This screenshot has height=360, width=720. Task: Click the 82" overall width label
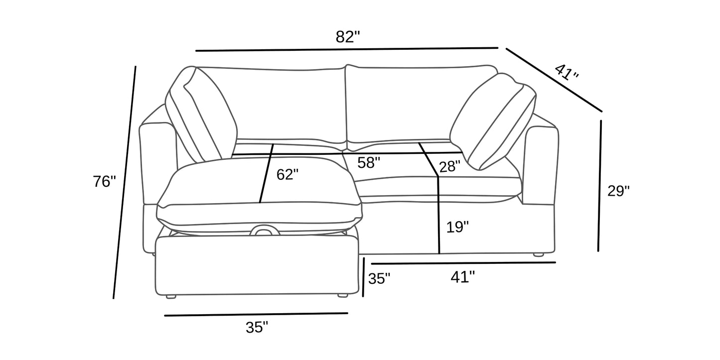click(348, 37)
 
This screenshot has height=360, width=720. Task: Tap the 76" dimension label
click(104, 182)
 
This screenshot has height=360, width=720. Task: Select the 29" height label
click(618, 191)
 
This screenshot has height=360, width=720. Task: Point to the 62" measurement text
click(288, 174)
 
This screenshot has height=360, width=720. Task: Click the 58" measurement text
click(369, 163)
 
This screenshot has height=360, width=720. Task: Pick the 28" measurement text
click(450, 166)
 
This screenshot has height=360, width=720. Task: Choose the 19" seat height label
click(457, 228)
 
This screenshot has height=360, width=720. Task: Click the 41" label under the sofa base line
click(462, 277)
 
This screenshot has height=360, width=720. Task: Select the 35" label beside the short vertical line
click(379, 279)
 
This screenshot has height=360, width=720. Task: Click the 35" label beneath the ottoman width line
click(257, 327)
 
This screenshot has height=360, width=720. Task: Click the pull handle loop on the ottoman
click(264, 231)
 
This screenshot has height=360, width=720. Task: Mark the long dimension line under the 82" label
click(347, 49)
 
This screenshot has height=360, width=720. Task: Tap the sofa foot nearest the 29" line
click(538, 254)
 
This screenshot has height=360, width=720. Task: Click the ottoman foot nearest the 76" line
click(171, 296)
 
